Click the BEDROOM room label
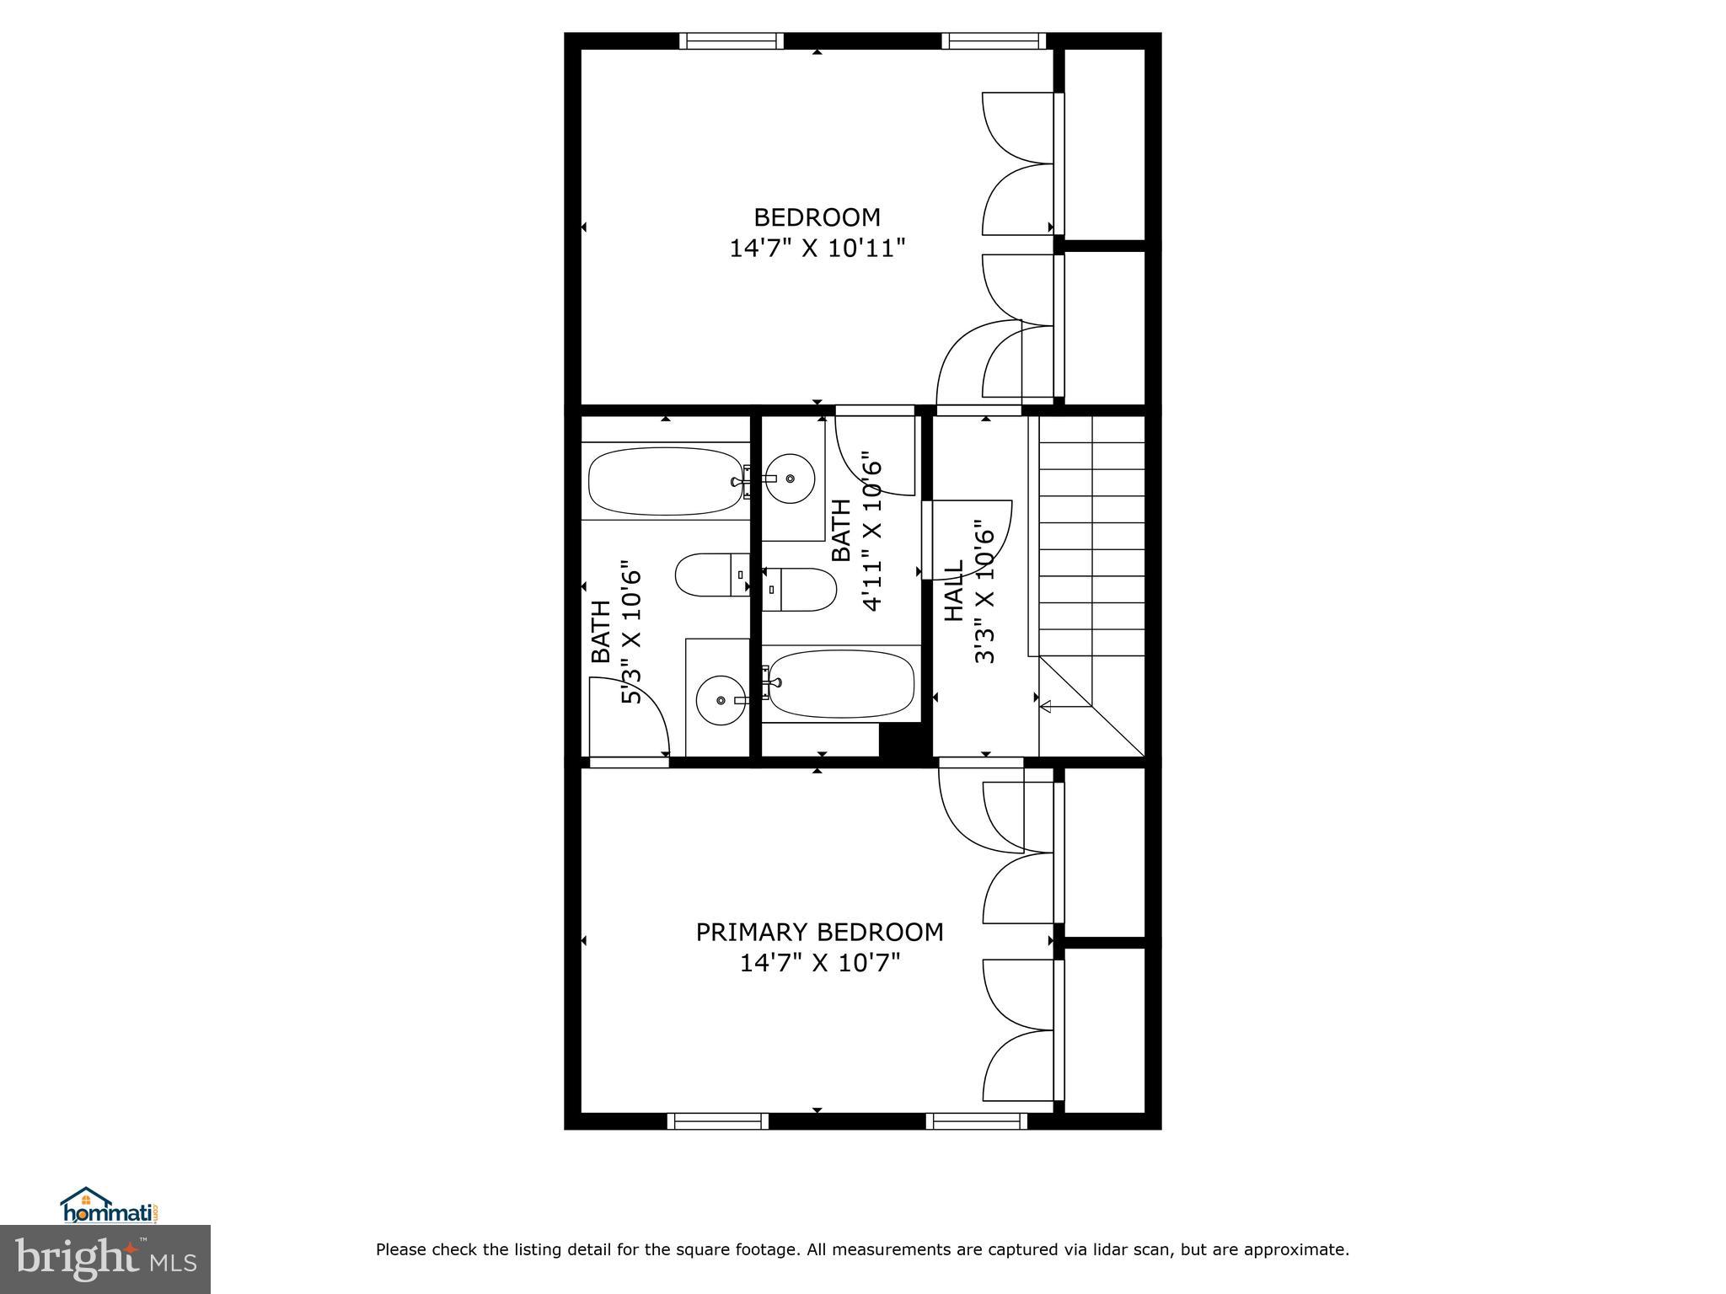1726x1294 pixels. pyautogui.click(x=817, y=217)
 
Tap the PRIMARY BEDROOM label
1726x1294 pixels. pyautogui.click(x=819, y=932)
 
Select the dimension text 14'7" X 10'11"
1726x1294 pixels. pyautogui.click(x=817, y=249)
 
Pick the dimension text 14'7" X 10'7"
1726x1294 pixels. pyautogui.click(x=820, y=962)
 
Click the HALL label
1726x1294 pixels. pyautogui.click(x=953, y=591)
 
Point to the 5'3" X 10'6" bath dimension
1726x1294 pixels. pyautogui.click(x=632, y=632)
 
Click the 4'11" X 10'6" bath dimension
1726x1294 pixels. pyautogui.click(x=871, y=532)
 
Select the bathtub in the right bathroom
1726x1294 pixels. pyautogui.click(x=841, y=683)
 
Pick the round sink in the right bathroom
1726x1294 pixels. pyautogui.click(x=790, y=479)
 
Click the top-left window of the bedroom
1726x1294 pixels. pyautogui.click(x=732, y=40)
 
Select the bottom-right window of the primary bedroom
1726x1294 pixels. pyautogui.click(x=976, y=1120)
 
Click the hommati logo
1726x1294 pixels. pyautogui.click(x=110, y=1205)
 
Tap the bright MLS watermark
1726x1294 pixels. pyautogui.click(x=105, y=1259)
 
